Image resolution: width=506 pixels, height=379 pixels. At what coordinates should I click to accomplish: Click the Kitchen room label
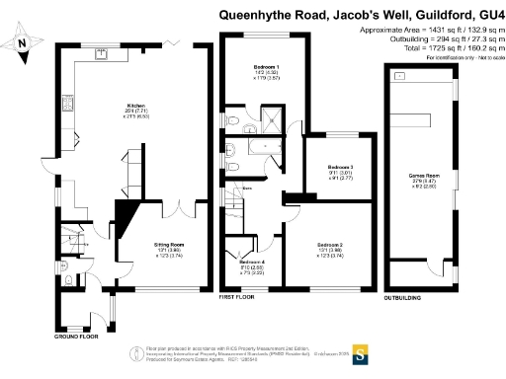click(136, 107)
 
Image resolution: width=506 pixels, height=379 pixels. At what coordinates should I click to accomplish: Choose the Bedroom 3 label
click(340, 168)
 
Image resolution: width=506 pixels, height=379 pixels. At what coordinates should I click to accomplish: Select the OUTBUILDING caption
click(403, 294)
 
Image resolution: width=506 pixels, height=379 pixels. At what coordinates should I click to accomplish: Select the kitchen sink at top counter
click(101, 56)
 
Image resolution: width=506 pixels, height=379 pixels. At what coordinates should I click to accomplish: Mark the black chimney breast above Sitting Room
click(127, 214)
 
